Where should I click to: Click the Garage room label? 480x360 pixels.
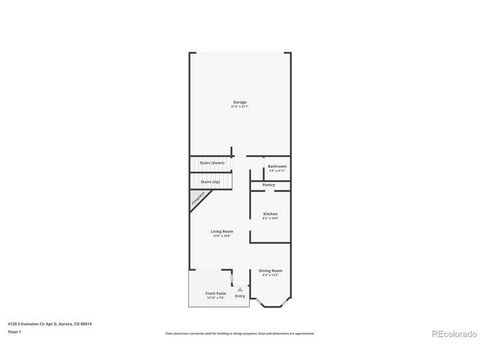pos(239,102)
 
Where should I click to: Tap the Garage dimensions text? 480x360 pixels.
pos(239,106)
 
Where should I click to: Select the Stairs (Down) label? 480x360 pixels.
pos(211,163)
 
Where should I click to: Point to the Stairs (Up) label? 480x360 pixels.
pos(210,181)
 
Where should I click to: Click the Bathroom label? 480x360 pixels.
pos(277,166)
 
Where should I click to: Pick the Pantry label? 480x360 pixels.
pos(268,184)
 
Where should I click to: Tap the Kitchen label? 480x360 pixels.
pos(270,214)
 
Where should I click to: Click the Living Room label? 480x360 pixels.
pos(221,232)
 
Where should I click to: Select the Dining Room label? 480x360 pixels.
pos(270,271)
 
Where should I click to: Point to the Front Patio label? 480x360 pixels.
pos(215,293)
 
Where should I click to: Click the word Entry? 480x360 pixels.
pos(240,296)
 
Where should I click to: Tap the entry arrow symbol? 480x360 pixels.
pos(240,289)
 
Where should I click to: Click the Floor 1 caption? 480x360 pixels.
pos(13,331)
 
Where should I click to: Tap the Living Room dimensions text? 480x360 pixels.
pos(221,236)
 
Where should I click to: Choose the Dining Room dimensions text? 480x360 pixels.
pos(270,275)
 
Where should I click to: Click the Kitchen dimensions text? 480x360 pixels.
pos(270,218)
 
